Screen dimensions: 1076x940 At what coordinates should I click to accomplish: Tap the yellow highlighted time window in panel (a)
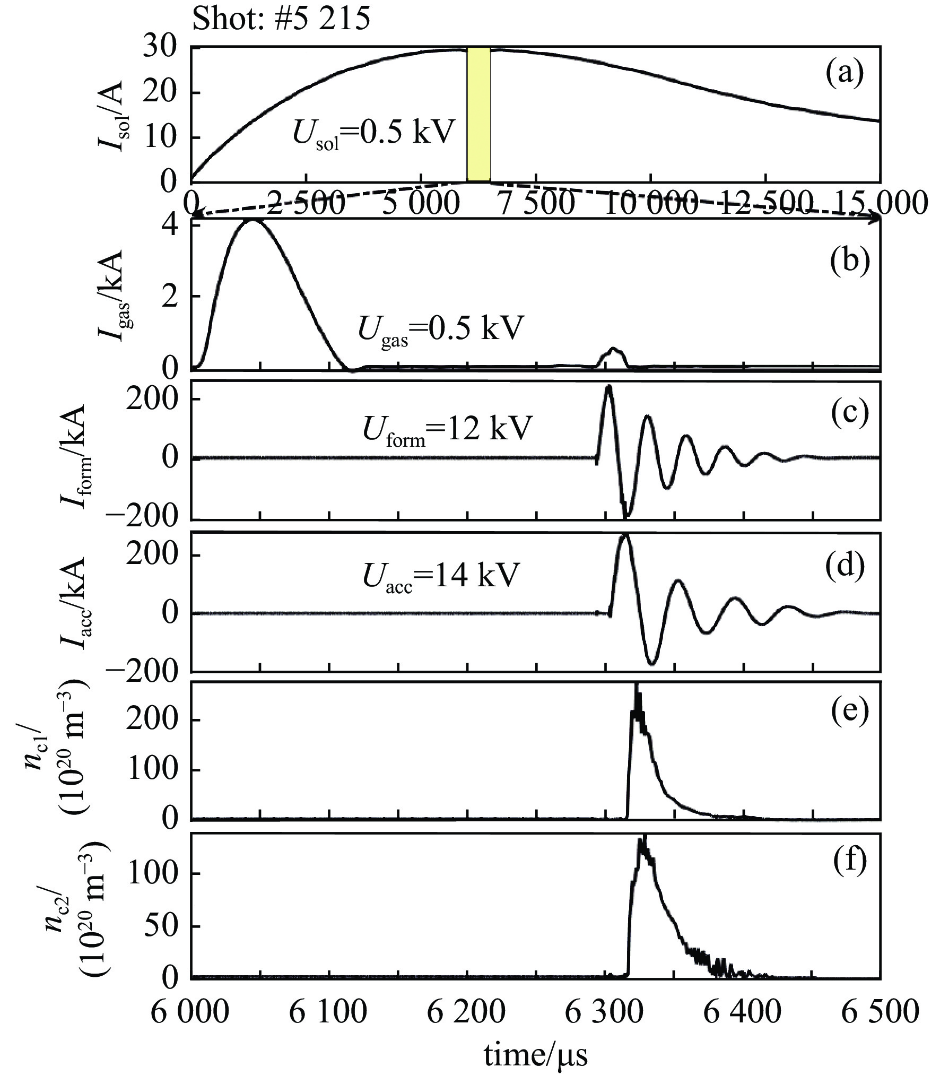pyautogui.click(x=478, y=114)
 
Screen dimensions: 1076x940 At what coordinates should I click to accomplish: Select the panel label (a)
pyautogui.click(x=845, y=73)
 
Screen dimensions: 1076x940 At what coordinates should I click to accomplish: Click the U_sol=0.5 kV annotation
pyautogui.click(x=374, y=134)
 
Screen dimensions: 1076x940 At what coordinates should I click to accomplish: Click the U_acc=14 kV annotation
pyautogui.click(x=439, y=575)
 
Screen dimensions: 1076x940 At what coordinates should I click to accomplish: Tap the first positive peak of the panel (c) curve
pyautogui.click(x=608, y=387)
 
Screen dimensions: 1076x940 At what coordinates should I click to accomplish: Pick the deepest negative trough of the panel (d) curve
pyautogui.click(x=652, y=663)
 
